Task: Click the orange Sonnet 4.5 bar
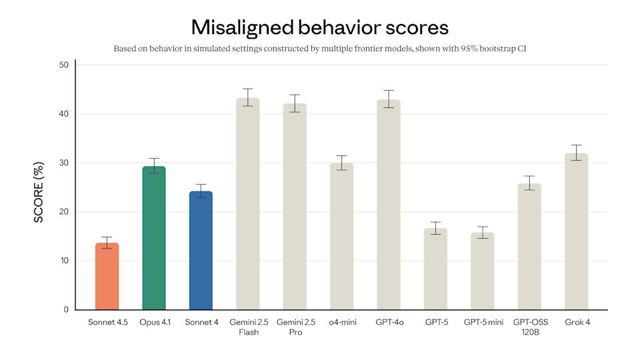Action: click(107, 277)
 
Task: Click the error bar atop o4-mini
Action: click(342, 163)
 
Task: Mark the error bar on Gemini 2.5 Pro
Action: click(295, 103)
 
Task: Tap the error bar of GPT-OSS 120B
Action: click(529, 183)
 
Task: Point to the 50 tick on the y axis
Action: click(63, 65)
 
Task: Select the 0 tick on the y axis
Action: click(66, 310)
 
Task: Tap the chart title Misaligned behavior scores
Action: click(320, 27)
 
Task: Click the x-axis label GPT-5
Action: click(436, 323)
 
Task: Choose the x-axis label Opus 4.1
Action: click(154, 323)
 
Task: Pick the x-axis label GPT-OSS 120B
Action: click(529, 327)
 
